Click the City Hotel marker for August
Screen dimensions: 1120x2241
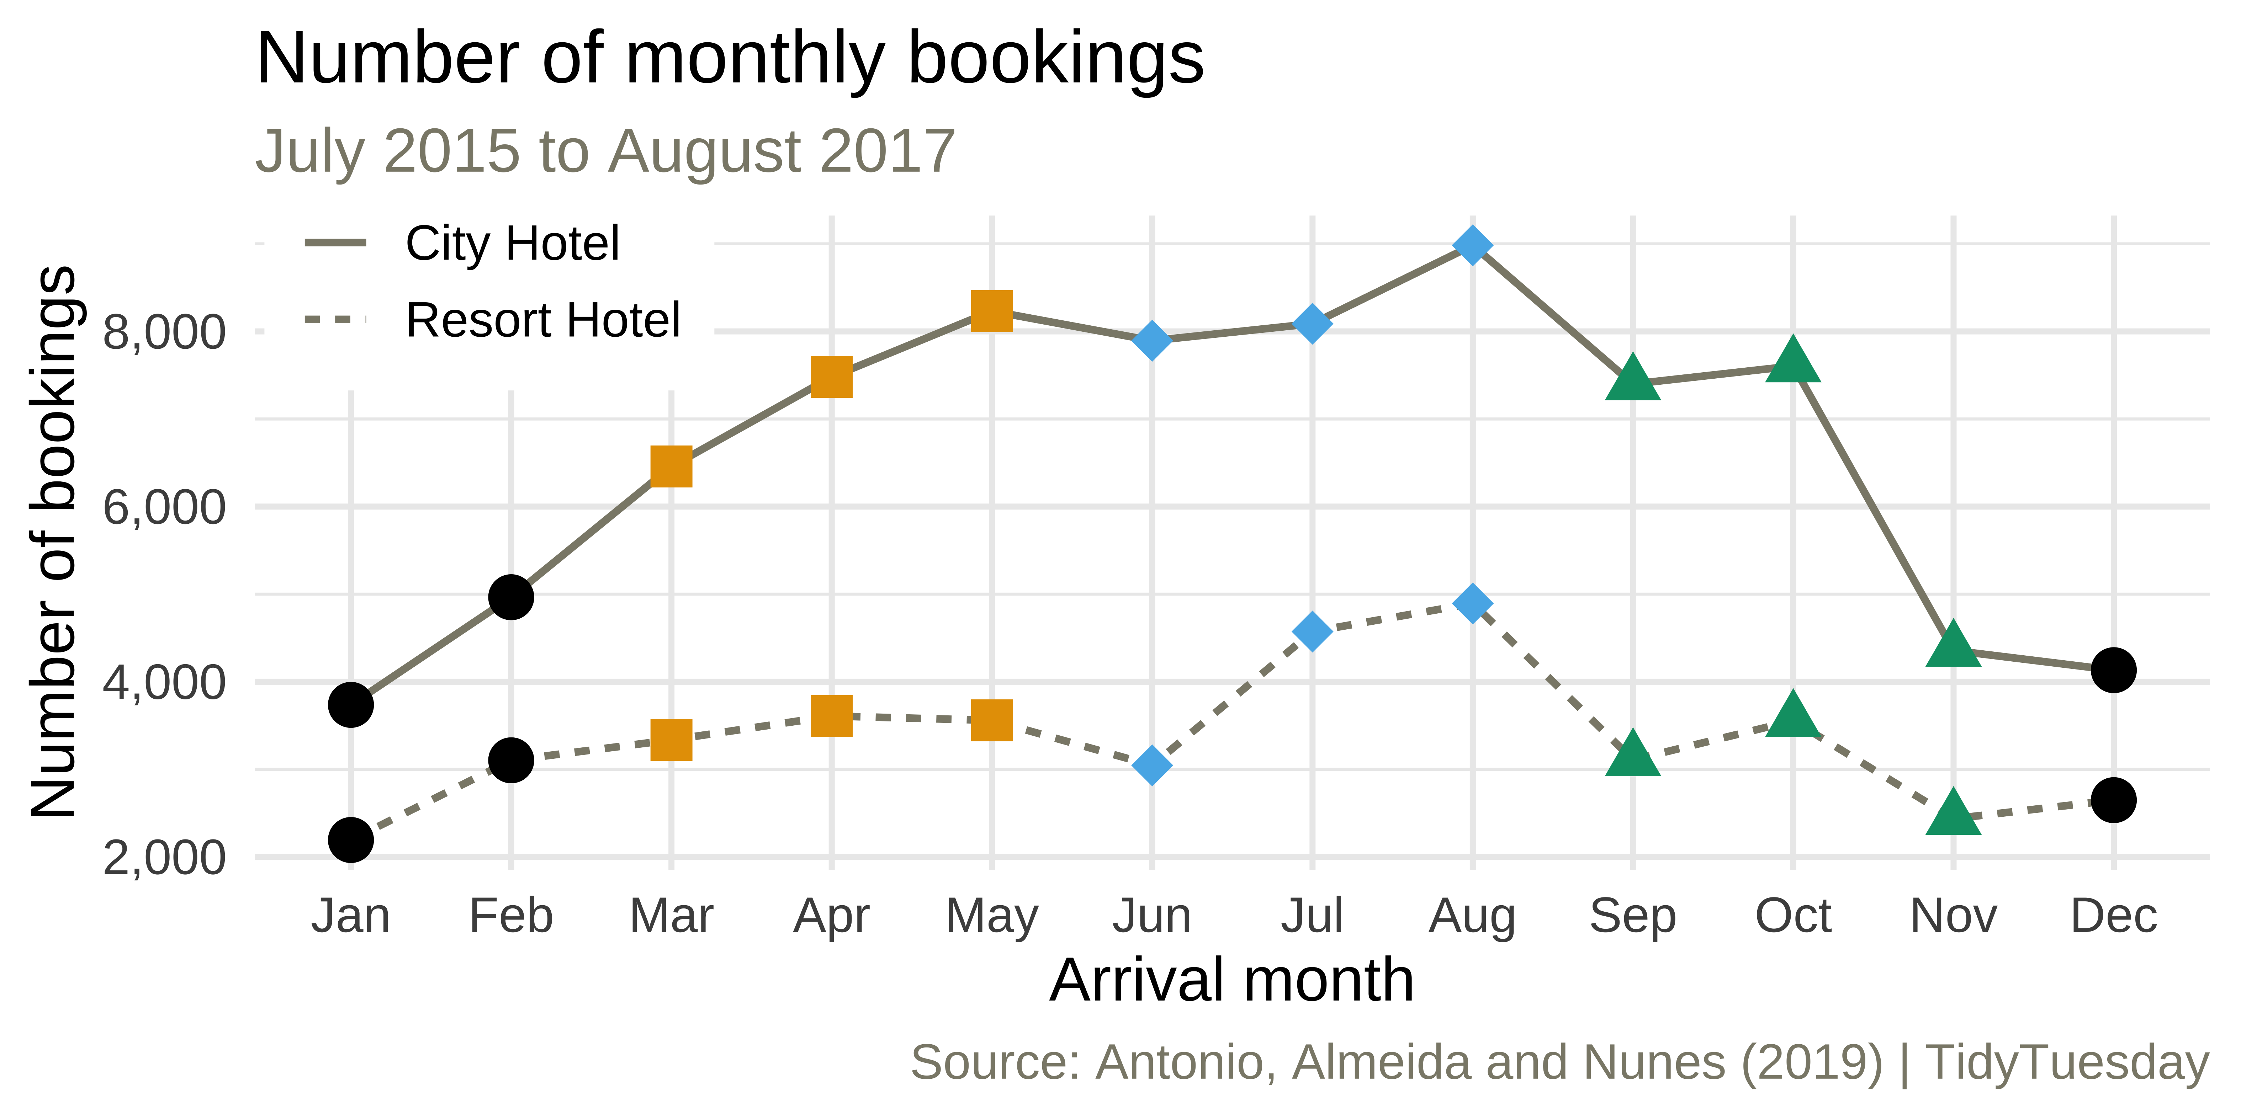pyautogui.click(x=1472, y=246)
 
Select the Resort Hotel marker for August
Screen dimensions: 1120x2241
pyautogui.click(x=1472, y=603)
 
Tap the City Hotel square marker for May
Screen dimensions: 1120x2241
pyautogui.click(x=992, y=311)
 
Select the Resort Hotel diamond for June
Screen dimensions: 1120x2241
pyautogui.click(x=1152, y=765)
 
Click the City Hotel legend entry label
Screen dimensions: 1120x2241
pyautogui.click(x=512, y=244)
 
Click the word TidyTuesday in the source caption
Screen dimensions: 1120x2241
pyautogui.click(x=2067, y=1063)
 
